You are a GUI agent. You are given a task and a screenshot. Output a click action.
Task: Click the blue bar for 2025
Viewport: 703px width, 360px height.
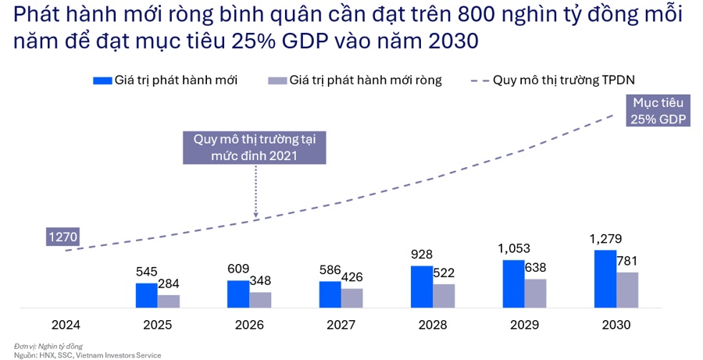(146, 295)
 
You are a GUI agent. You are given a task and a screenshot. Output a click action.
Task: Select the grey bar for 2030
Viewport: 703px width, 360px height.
(627, 290)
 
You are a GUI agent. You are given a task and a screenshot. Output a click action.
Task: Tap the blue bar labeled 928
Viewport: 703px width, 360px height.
(421, 287)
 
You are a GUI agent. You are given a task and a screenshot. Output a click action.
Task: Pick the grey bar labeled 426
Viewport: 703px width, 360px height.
(351, 298)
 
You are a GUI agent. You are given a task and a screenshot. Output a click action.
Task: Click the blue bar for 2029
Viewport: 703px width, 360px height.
(513, 283)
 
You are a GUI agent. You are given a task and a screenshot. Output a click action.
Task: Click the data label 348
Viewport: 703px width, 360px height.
(261, 280)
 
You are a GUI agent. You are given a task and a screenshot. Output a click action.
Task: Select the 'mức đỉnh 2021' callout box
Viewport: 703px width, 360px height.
(255, 146)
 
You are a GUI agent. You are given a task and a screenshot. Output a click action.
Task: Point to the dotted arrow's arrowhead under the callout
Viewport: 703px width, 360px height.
(255, 215)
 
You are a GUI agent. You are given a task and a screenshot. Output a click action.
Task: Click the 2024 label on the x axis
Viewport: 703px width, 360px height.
(66, 323)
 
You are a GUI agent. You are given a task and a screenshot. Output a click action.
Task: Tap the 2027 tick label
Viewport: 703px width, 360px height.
(341, 323)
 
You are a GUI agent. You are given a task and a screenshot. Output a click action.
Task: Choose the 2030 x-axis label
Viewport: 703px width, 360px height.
(616, 323)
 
